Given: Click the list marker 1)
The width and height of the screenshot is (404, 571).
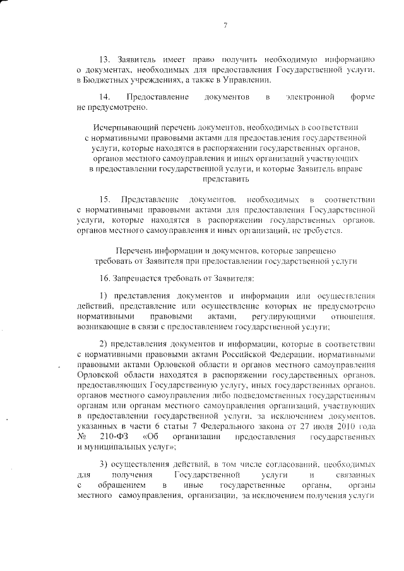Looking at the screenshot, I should click(x=105, y=296).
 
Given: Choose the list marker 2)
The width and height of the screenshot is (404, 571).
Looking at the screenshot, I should click(x=105, y=344).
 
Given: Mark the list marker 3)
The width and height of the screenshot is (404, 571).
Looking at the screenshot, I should click(x=105, y=464).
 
